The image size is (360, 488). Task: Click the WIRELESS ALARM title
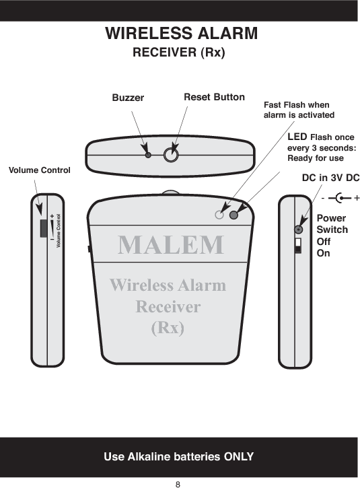(x=181, y=33)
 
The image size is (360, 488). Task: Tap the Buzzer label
(x=128, y=98)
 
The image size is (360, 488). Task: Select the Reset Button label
(x=214, y=98)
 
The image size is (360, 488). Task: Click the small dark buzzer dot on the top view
(x=148, y=154)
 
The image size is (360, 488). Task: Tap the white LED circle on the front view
(x=219, y=215)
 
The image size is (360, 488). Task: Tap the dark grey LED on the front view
(x=234, y=215)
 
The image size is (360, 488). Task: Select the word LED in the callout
(x=297, y=137)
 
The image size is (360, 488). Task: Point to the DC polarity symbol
(x=340, y=199)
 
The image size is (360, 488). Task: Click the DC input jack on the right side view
(x=298, y=229)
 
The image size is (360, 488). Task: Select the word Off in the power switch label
(x=323, y=242)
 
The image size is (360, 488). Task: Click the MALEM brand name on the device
(x=171, y=244)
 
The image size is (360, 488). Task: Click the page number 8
(x=178, y=483)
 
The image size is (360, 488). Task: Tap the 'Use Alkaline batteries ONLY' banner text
(x=178, y=457)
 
